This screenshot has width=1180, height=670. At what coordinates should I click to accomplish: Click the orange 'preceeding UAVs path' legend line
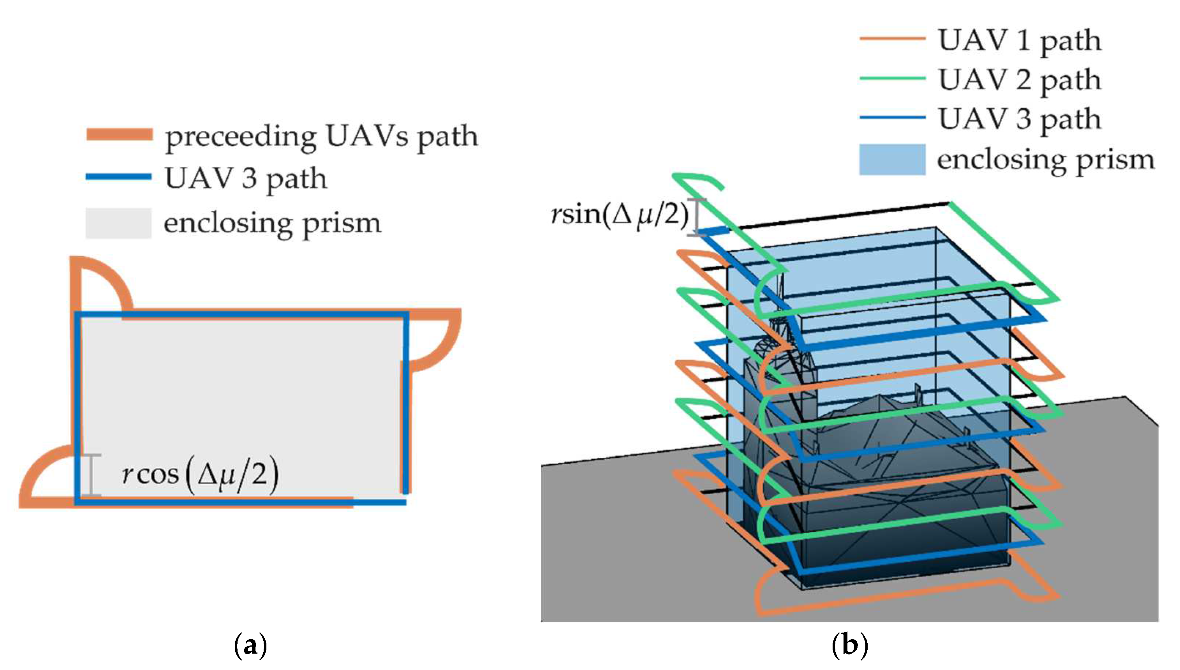120,134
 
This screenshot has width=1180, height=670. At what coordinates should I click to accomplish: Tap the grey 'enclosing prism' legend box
119,223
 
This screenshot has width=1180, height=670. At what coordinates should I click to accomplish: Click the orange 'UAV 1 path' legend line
893,39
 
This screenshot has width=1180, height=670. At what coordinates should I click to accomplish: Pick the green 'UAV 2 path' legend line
893,78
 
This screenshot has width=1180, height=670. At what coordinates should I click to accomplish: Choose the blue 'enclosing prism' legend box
893,159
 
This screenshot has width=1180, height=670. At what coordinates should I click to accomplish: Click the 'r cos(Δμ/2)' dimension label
201,474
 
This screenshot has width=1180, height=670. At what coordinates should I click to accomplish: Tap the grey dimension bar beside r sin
697,217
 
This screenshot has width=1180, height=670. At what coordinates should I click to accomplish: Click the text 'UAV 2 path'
1020,81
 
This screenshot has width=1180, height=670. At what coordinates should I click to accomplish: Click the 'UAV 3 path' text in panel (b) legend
1020,120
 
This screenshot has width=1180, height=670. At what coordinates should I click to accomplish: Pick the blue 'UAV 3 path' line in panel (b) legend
893,117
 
